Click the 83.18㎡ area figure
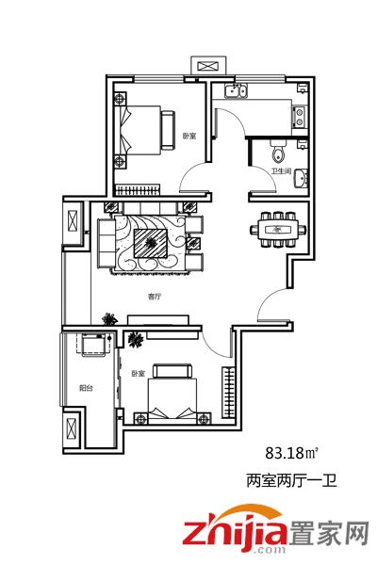tap(292, 453)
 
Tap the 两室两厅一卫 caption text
tap(291, 480)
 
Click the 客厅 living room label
tap(154, 297)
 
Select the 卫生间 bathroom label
tap(282, 170)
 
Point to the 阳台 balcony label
tap(86, 388)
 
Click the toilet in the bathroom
tap(278, 152)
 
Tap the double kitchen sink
tap(236, 90)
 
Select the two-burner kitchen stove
tap(300, 117)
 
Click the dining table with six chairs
tap(279, 229)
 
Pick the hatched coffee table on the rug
tap(150, 243)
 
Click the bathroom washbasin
tap(301, 178)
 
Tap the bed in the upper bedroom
tap(143, 131)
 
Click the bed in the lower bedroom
tap(172, 395)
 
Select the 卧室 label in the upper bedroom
tap(188, 137)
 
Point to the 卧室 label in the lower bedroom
tap(139, 373)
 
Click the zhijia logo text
tap(235, 531)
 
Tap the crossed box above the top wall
tap(208, 66)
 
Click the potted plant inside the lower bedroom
tap(136, 339)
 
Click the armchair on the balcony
tap(94, 345)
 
